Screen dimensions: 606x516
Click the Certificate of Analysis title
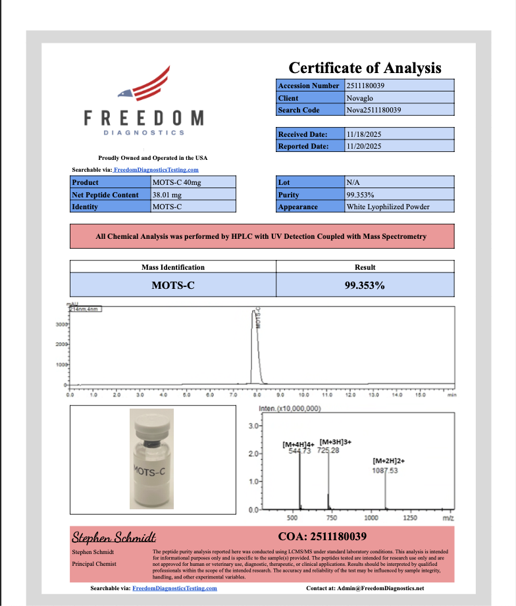[x=365, y=68]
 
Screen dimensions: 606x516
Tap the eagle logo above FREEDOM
[x=145, y=85]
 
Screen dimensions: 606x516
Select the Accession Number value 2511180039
[x=368, y=86]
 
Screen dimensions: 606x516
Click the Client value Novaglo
[x=359, y=98]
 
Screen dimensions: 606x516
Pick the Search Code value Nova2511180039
[x=374, y=110]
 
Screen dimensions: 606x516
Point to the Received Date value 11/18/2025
[x=363, y=134]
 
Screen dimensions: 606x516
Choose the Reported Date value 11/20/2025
[x=363, y=146]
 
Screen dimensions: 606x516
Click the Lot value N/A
[x=352, y=182]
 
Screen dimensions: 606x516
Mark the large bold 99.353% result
[x=365, y=286]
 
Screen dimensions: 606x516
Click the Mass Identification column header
[x=172, y=267]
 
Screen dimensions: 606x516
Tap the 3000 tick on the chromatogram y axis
[x=59, y=324]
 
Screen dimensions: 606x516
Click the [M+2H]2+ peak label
[x=388, y=462]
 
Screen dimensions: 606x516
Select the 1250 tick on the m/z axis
[x=409, y=518]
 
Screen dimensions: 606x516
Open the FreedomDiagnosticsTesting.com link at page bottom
[x=174, y=588]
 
